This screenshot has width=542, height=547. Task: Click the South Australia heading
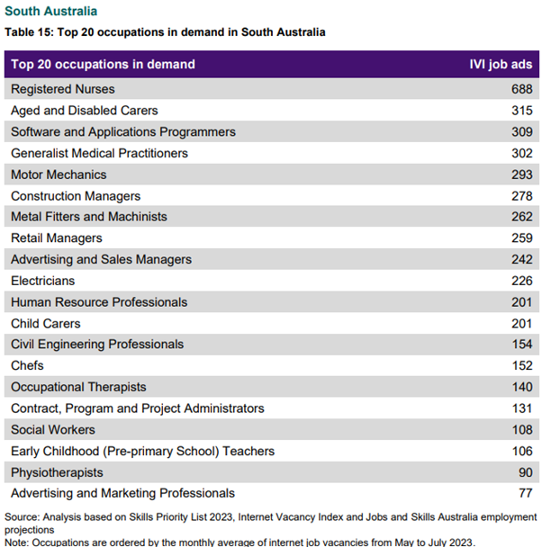[x=51, y=12]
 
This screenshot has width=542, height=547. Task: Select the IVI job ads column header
[x=501, y=65]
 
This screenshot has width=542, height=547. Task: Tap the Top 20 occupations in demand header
[x=103, y=65]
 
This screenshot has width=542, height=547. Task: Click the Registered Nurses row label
[x=63, y=89]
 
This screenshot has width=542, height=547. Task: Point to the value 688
[x=522, y=89]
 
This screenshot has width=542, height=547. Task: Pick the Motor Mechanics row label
[x=59, y=175]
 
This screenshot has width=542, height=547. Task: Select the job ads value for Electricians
[x=522, y=281]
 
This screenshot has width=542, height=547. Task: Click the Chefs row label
[x=27, y=366]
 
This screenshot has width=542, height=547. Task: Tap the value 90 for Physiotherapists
[x=526, y=472]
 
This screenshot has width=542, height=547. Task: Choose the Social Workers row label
[x=53, y=430]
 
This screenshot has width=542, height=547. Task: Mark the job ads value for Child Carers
[x=522, y=324]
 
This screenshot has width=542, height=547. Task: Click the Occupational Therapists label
[x=78, y=387]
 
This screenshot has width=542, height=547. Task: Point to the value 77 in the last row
[x=526, y=493]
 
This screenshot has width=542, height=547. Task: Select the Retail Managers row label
[x=57, y=238]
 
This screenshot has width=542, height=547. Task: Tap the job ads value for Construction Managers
[x=522, y=196]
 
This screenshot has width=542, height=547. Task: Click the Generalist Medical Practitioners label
[x=99, y=153]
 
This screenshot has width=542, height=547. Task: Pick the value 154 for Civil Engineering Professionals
[x=522, y=345]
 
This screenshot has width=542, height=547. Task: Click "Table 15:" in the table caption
[x=30, y=32]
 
